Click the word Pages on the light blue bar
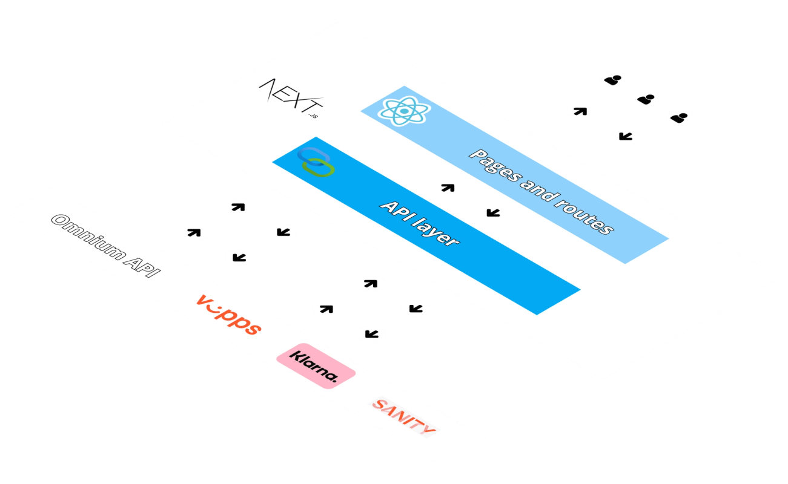pos(493,166)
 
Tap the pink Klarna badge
pos(315,365)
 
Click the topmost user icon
pos(614,79)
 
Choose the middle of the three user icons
pos(647,97)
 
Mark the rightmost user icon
pos(681,116)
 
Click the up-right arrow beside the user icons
pos(580,111)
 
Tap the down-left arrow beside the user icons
pos(624,136)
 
